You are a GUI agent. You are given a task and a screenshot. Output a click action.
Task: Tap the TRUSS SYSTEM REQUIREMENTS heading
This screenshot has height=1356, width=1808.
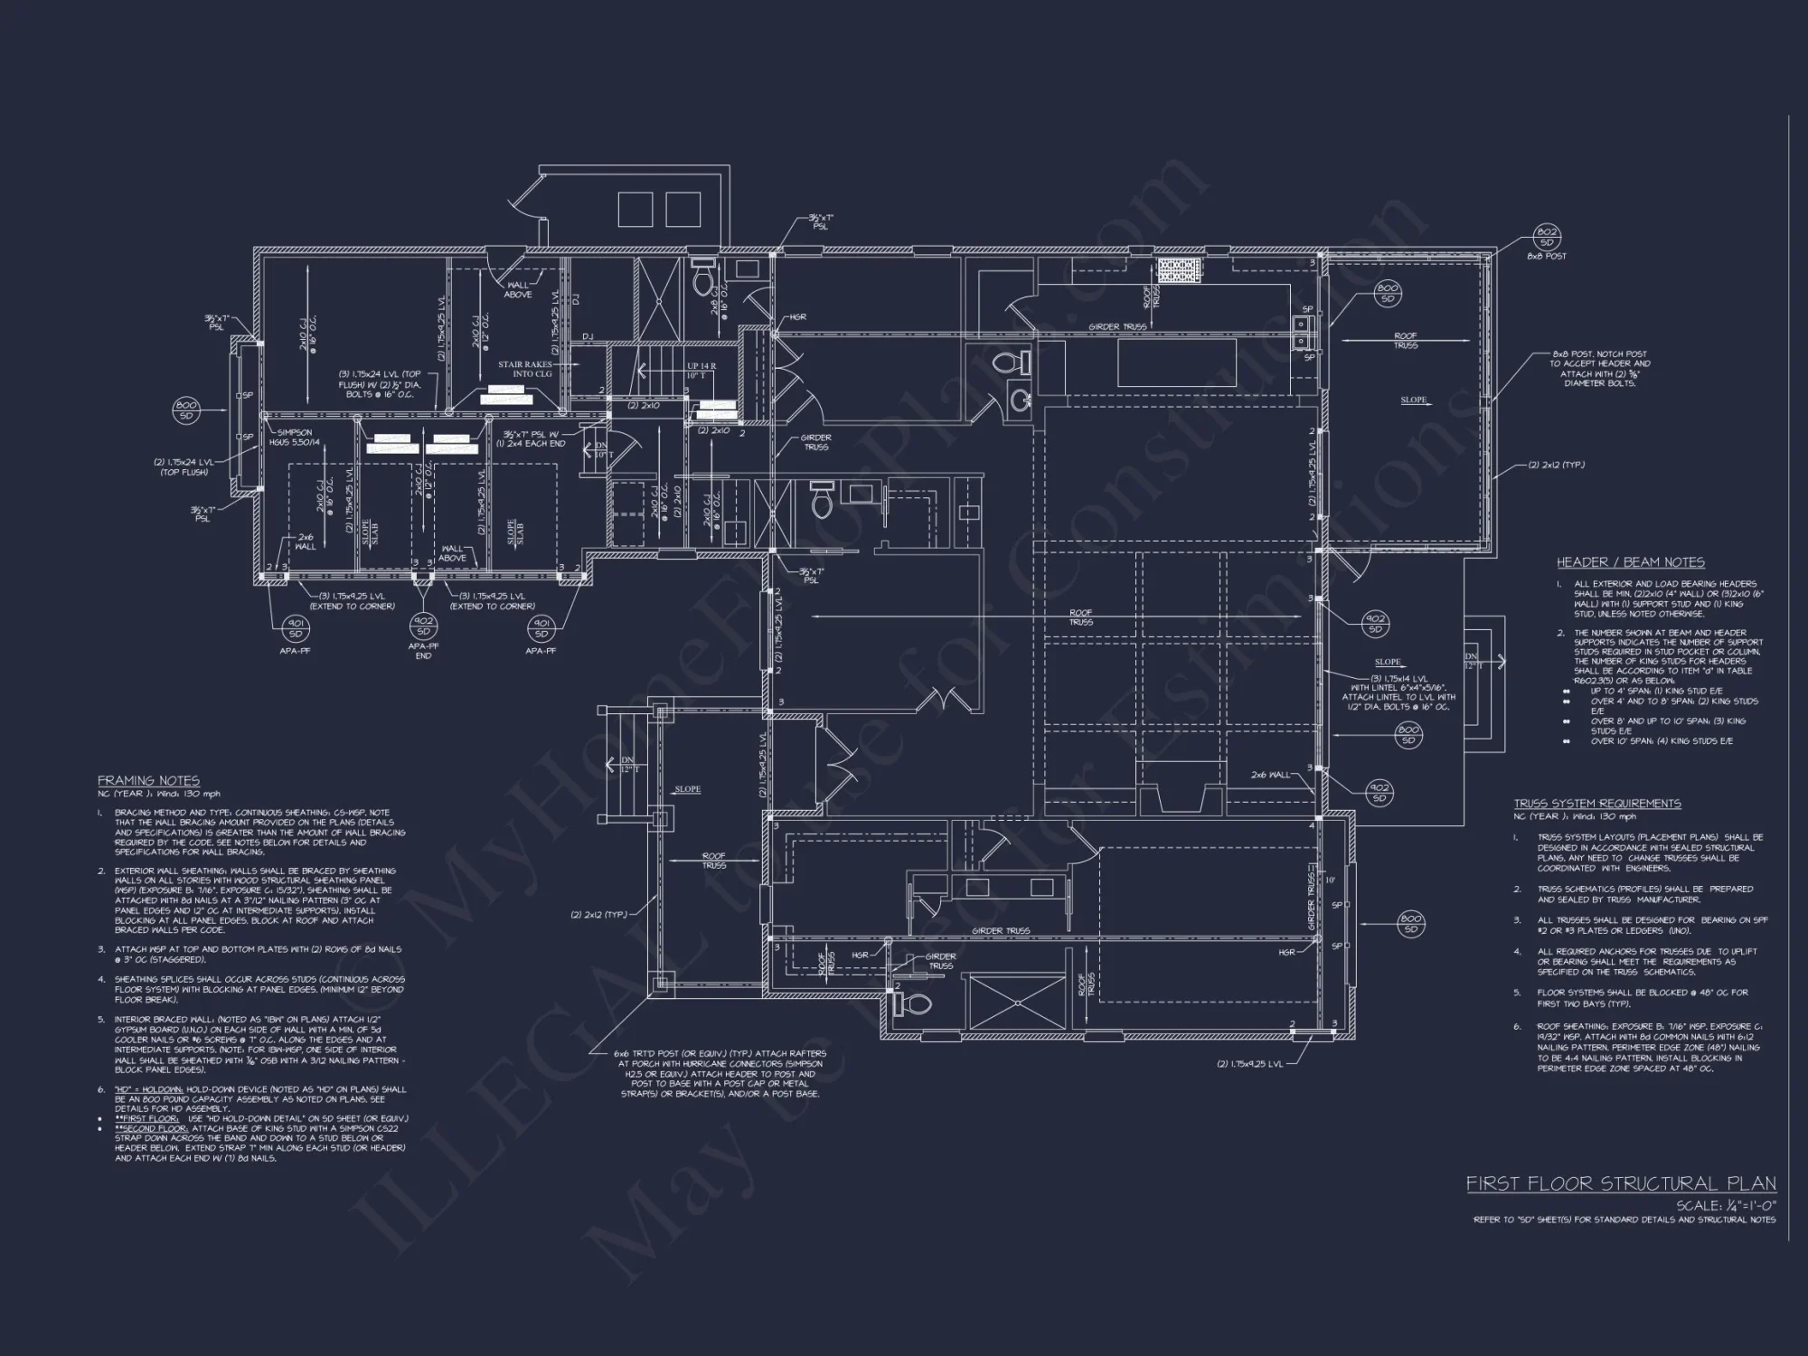(1597, 803)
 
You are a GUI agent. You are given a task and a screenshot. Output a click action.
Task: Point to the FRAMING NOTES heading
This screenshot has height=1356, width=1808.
(148, 780)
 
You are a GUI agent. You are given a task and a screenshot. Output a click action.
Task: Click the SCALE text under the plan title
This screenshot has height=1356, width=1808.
(1726, 1206)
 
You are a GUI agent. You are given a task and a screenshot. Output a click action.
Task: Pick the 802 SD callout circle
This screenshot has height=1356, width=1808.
(1547, 238)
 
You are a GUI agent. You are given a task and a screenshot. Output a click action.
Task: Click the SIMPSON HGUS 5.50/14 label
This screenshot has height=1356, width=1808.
(295, 437)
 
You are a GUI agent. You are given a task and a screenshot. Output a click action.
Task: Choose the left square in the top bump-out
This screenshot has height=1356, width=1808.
(635, 209)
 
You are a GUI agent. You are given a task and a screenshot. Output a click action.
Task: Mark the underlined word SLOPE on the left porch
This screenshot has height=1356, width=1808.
(687, 789)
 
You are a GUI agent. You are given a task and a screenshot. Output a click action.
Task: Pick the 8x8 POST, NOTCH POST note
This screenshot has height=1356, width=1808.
(1600, 368)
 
